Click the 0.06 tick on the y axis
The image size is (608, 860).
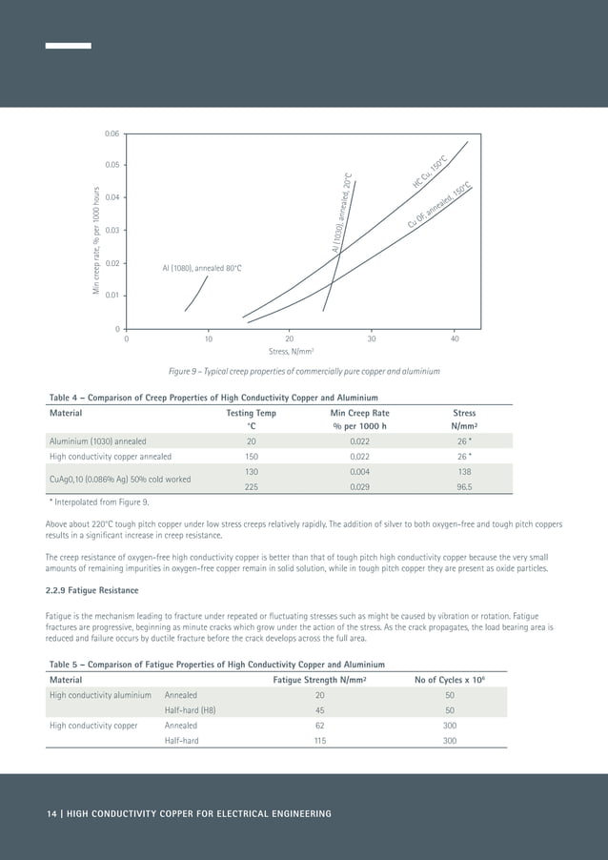coord(112,133)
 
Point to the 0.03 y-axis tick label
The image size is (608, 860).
coord(112,231)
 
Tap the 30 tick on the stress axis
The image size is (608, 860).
coord(372,338)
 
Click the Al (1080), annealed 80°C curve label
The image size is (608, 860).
coord(202,269)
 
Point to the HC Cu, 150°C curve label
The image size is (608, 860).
coord(431,172)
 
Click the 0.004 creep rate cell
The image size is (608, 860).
coord(359,471)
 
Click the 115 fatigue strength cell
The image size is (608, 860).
coord(320,741)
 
